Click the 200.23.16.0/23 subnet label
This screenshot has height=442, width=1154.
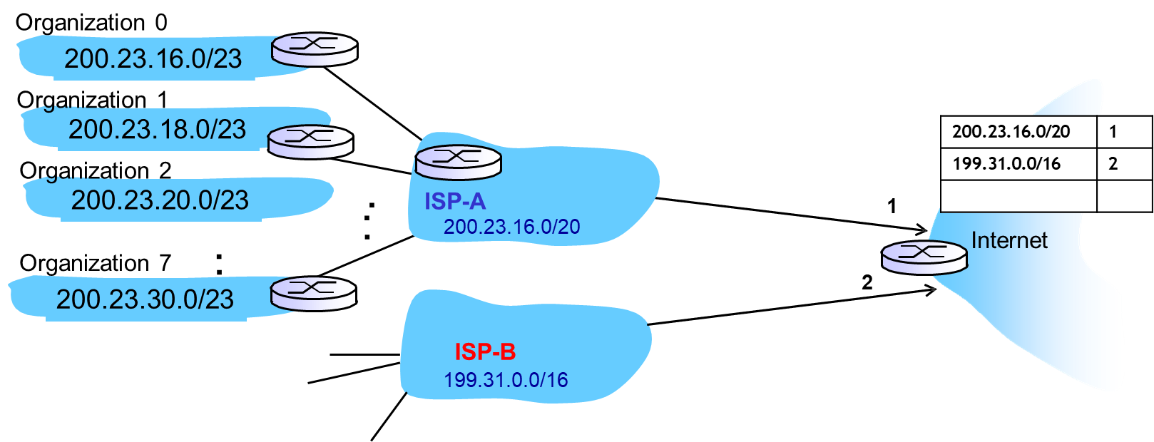153,58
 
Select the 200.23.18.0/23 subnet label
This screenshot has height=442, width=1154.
157,129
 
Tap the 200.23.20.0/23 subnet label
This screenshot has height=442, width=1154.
160,200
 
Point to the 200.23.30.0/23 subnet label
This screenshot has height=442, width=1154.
145,299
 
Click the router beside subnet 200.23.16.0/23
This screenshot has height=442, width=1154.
314,49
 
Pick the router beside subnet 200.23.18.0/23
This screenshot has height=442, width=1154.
310,140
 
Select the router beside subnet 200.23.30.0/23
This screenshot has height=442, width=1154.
313,293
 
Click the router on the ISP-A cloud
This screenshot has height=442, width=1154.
459,162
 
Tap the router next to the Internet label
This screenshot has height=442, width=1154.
924,257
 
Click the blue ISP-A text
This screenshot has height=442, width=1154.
455,202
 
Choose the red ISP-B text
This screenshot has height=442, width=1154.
485,351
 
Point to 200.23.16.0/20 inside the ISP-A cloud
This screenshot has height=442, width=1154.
511,227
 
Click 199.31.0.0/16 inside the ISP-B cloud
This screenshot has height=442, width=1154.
506,379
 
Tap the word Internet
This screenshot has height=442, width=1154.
1009,240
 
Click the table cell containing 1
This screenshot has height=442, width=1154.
1124,132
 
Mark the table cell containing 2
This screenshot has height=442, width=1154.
1124,164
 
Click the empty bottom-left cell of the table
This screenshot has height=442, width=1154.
1018,196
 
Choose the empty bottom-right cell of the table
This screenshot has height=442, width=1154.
1124,196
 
